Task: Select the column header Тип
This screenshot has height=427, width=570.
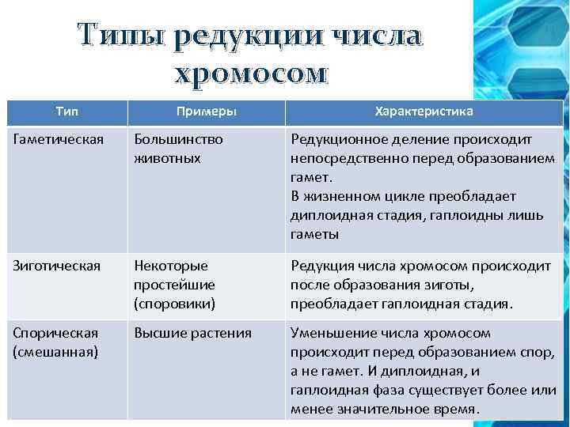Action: pos(66,111)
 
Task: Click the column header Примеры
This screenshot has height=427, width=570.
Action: pos(205,111)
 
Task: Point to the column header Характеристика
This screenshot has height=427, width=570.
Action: pos(424,111)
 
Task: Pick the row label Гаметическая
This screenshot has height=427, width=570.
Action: pos(58,139)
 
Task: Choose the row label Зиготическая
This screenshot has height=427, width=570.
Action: pos(56,266)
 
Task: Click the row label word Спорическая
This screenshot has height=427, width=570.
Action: pos(55,333)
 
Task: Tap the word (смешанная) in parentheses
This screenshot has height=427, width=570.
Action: pos(55,352)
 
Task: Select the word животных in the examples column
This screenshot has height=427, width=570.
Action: pos(167,158)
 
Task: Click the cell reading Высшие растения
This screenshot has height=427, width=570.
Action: pos(192,333)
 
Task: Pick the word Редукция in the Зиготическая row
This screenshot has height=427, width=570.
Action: pos(320,266)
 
